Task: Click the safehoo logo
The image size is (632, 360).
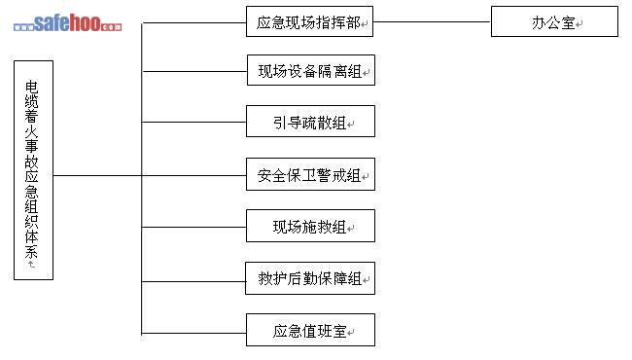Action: coord(67,23)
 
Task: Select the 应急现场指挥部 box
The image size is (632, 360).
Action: coord(309,21)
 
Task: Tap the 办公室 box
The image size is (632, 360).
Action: coord(554,21)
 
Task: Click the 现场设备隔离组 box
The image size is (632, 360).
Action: coord(311,70)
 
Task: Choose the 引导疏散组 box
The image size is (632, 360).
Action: coord(310,122)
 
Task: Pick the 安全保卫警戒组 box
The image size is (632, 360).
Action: coord(310,174)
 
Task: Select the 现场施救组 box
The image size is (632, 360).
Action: coord(310,226)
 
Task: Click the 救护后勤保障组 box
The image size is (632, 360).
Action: coord(310,278)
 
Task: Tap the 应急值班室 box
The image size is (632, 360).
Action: coord(310,330)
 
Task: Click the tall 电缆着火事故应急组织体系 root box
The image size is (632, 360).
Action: coord(33,170)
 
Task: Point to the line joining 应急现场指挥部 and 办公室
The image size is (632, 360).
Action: coord(432,21)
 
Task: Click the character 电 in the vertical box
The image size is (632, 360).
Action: coord(31,88)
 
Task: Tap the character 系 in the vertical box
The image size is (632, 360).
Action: coord(31,252)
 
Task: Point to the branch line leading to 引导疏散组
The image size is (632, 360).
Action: coord(193,122)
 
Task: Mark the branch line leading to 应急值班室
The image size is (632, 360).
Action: coord(193,333)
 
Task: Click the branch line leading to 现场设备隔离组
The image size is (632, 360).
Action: coord(194,71)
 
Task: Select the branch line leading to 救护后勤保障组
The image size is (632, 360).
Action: coord(193,281)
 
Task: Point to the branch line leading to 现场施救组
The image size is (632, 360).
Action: coord(193,227)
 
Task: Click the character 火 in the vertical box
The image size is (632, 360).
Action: coord(31,132)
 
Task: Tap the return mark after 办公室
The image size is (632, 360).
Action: coord(579,24)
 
